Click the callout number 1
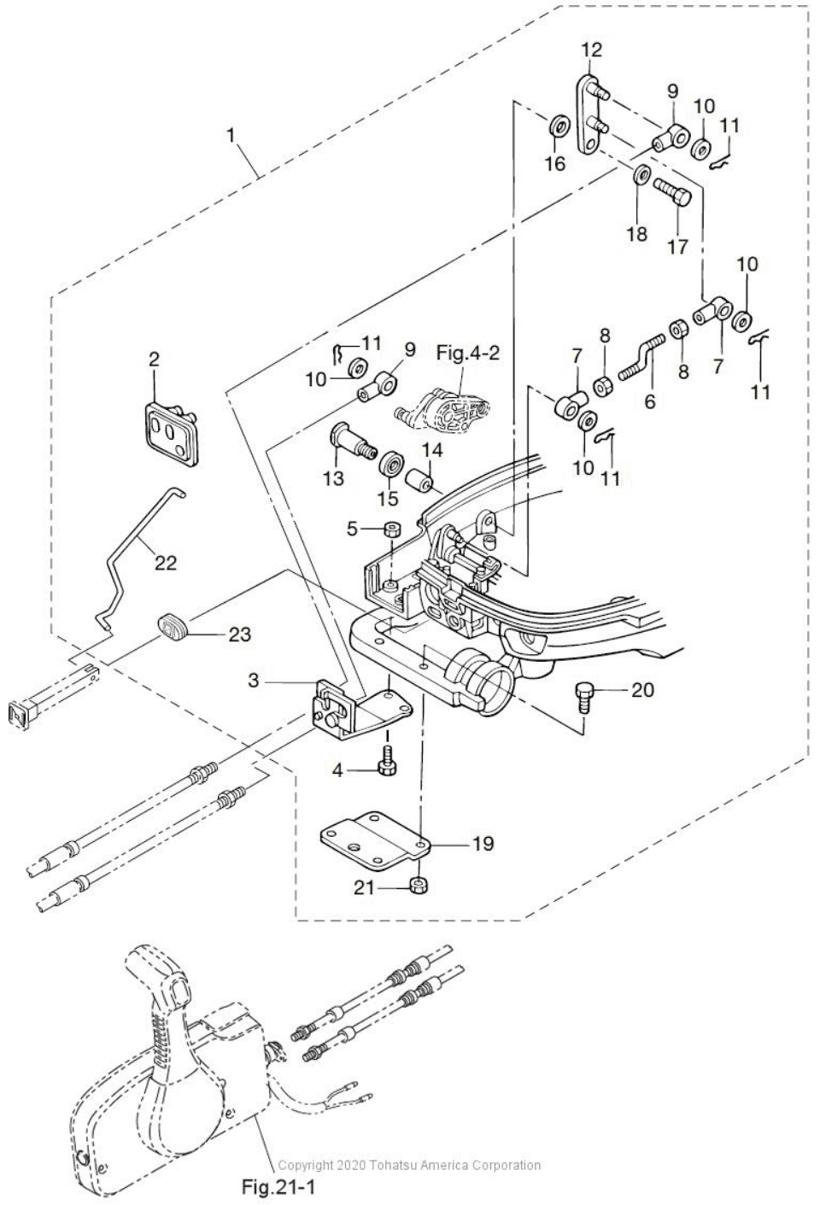(x=230, y=135)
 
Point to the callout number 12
(x=591, y=50)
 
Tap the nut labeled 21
(x=418, y=884)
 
